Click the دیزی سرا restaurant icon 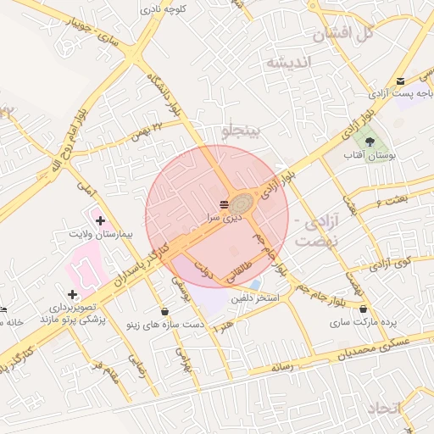[x=223, y=203]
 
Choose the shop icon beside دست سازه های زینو [x=164, y=311]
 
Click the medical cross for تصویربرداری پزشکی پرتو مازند [x=72, y=293]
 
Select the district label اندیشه [x=289, y=62]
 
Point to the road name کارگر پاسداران [x=139, y=267]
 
